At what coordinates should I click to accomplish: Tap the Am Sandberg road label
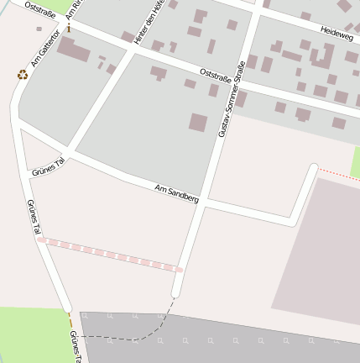[177, 194]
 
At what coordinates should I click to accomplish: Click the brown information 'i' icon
[69, 29]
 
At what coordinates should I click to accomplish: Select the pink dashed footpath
[110, 255]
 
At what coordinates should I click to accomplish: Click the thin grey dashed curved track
[159, 323]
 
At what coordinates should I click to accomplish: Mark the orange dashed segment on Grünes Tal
[70, 320]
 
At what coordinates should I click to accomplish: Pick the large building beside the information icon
[74, 50]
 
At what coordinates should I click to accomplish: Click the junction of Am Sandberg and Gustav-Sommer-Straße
[203, 202]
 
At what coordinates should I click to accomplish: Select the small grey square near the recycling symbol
[39, 29]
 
